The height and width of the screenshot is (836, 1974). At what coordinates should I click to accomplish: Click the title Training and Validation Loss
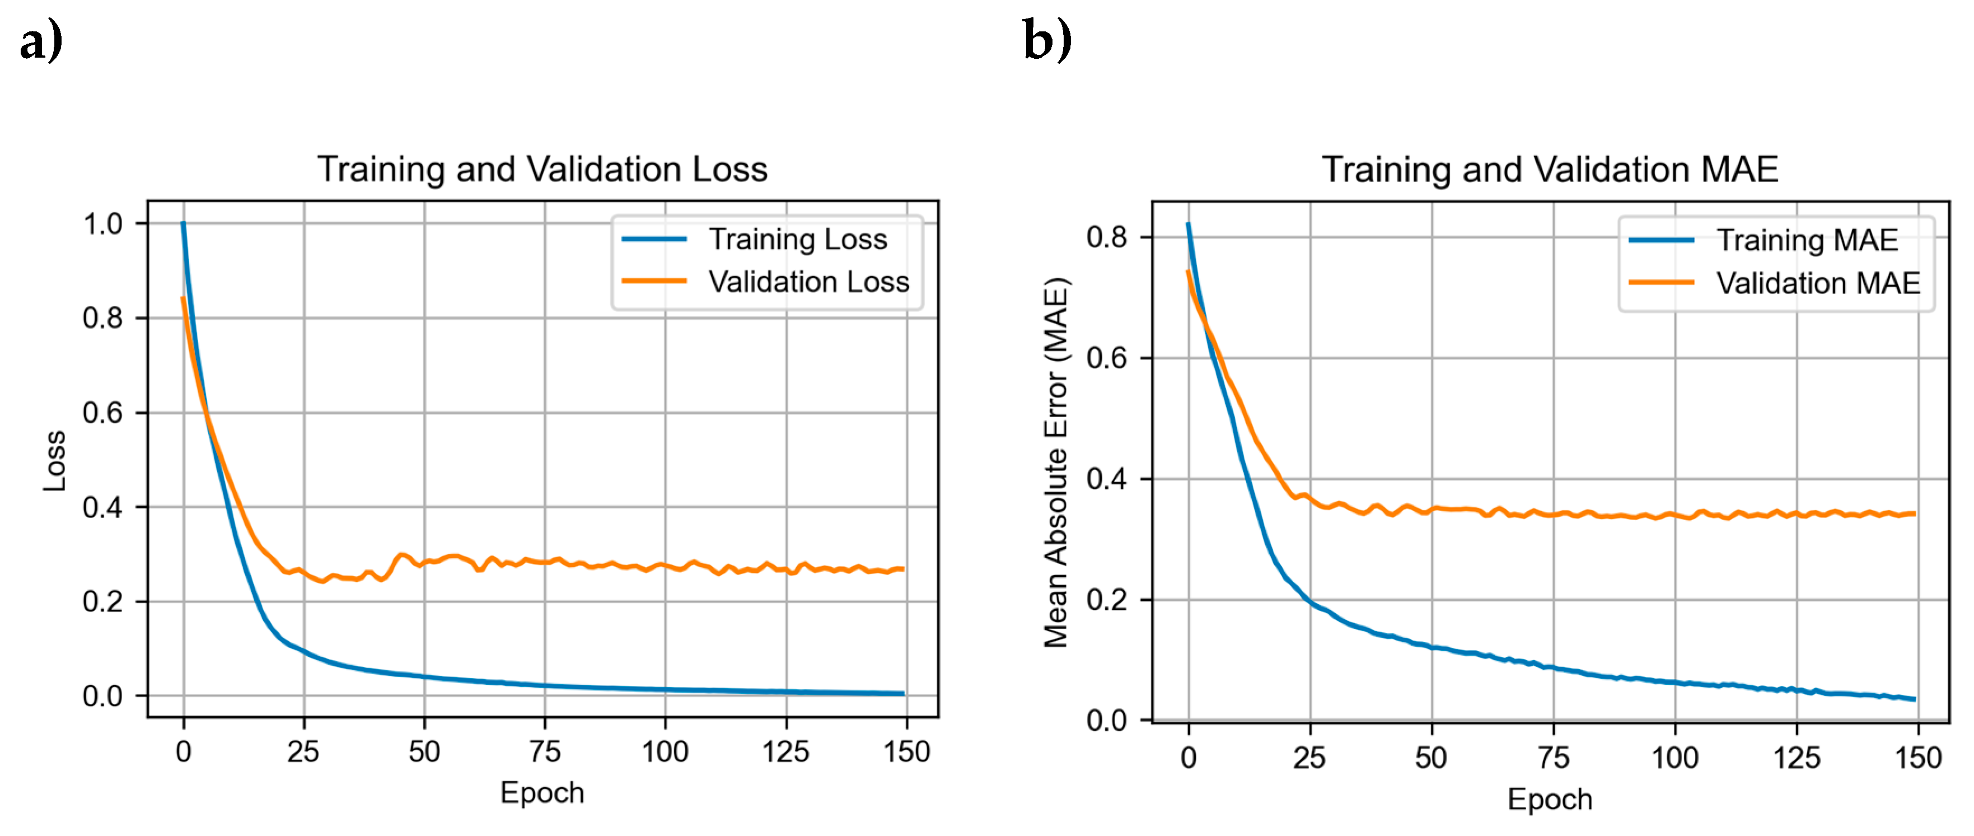coord(542,169)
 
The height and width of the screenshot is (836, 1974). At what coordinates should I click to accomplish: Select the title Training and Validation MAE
coord(1550,169)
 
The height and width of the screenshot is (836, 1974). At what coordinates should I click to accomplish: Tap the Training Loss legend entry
coord(797,239)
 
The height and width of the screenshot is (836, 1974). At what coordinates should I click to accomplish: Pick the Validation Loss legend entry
coord(808,281)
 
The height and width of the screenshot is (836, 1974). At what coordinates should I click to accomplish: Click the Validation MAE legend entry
coord(1818,283)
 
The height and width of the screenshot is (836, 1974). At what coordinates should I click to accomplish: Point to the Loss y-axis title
coord(54,460)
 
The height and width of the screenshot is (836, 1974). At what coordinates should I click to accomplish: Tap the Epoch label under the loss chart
coord(542,792)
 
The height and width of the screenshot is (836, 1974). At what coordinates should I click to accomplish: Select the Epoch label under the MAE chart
coord(1550,799)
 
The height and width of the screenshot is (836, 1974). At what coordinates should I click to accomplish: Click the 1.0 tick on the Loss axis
coord(102,224)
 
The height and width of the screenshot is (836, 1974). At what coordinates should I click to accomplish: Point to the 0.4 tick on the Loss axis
coord(102,507)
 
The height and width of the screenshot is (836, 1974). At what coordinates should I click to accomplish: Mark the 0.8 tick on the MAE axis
coord(1107,237)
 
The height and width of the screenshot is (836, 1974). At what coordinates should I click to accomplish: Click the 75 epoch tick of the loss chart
coord(545,751)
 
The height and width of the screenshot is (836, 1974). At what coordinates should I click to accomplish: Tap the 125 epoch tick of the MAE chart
coord(1796,758)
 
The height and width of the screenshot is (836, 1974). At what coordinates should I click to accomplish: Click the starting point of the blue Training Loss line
coord(183,224)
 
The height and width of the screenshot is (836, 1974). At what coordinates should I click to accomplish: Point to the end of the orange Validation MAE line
coord(1914,513)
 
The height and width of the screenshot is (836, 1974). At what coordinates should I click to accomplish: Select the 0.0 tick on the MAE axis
coord(1107,720)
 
